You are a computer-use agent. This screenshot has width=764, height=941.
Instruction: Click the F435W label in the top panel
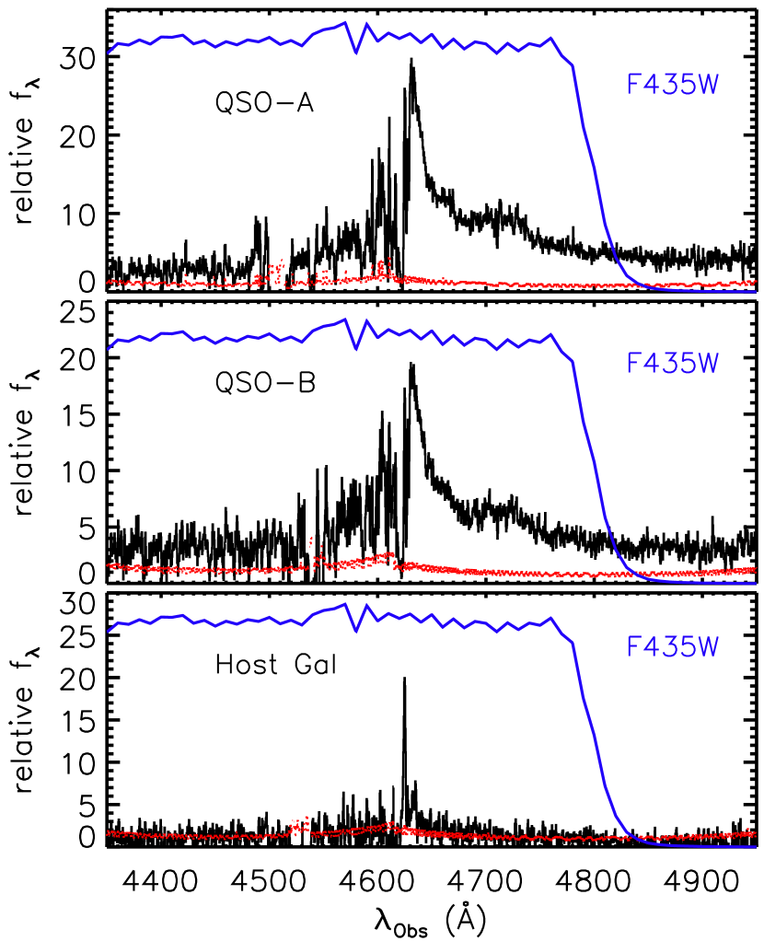click(x=671, y=85)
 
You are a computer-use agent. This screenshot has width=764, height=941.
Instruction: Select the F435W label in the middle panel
click(x=671, y=364)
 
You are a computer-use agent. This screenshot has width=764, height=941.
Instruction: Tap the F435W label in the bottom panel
click(x=671, y=647)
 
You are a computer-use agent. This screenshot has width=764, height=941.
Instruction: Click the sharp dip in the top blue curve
click(x=356, y=52)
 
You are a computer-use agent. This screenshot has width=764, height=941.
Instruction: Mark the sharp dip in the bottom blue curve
click(x=356, y=632)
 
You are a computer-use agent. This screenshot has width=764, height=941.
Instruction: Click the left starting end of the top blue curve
click(x=109, y=52)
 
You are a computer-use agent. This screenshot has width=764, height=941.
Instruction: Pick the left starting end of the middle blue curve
click(x=109, y=349)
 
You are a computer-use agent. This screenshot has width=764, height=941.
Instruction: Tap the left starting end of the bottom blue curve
click(x=109, y=631)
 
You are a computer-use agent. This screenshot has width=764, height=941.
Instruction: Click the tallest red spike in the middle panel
click(x=311, y=539)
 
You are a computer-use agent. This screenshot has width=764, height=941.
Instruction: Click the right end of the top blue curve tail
click(x=756, y=291)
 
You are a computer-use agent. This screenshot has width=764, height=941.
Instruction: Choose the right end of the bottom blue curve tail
click(x=756, y=846)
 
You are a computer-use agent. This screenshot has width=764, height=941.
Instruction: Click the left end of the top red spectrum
click(x=109, y=282)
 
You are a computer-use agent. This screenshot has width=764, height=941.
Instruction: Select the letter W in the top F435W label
click(x=706, y=85)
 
